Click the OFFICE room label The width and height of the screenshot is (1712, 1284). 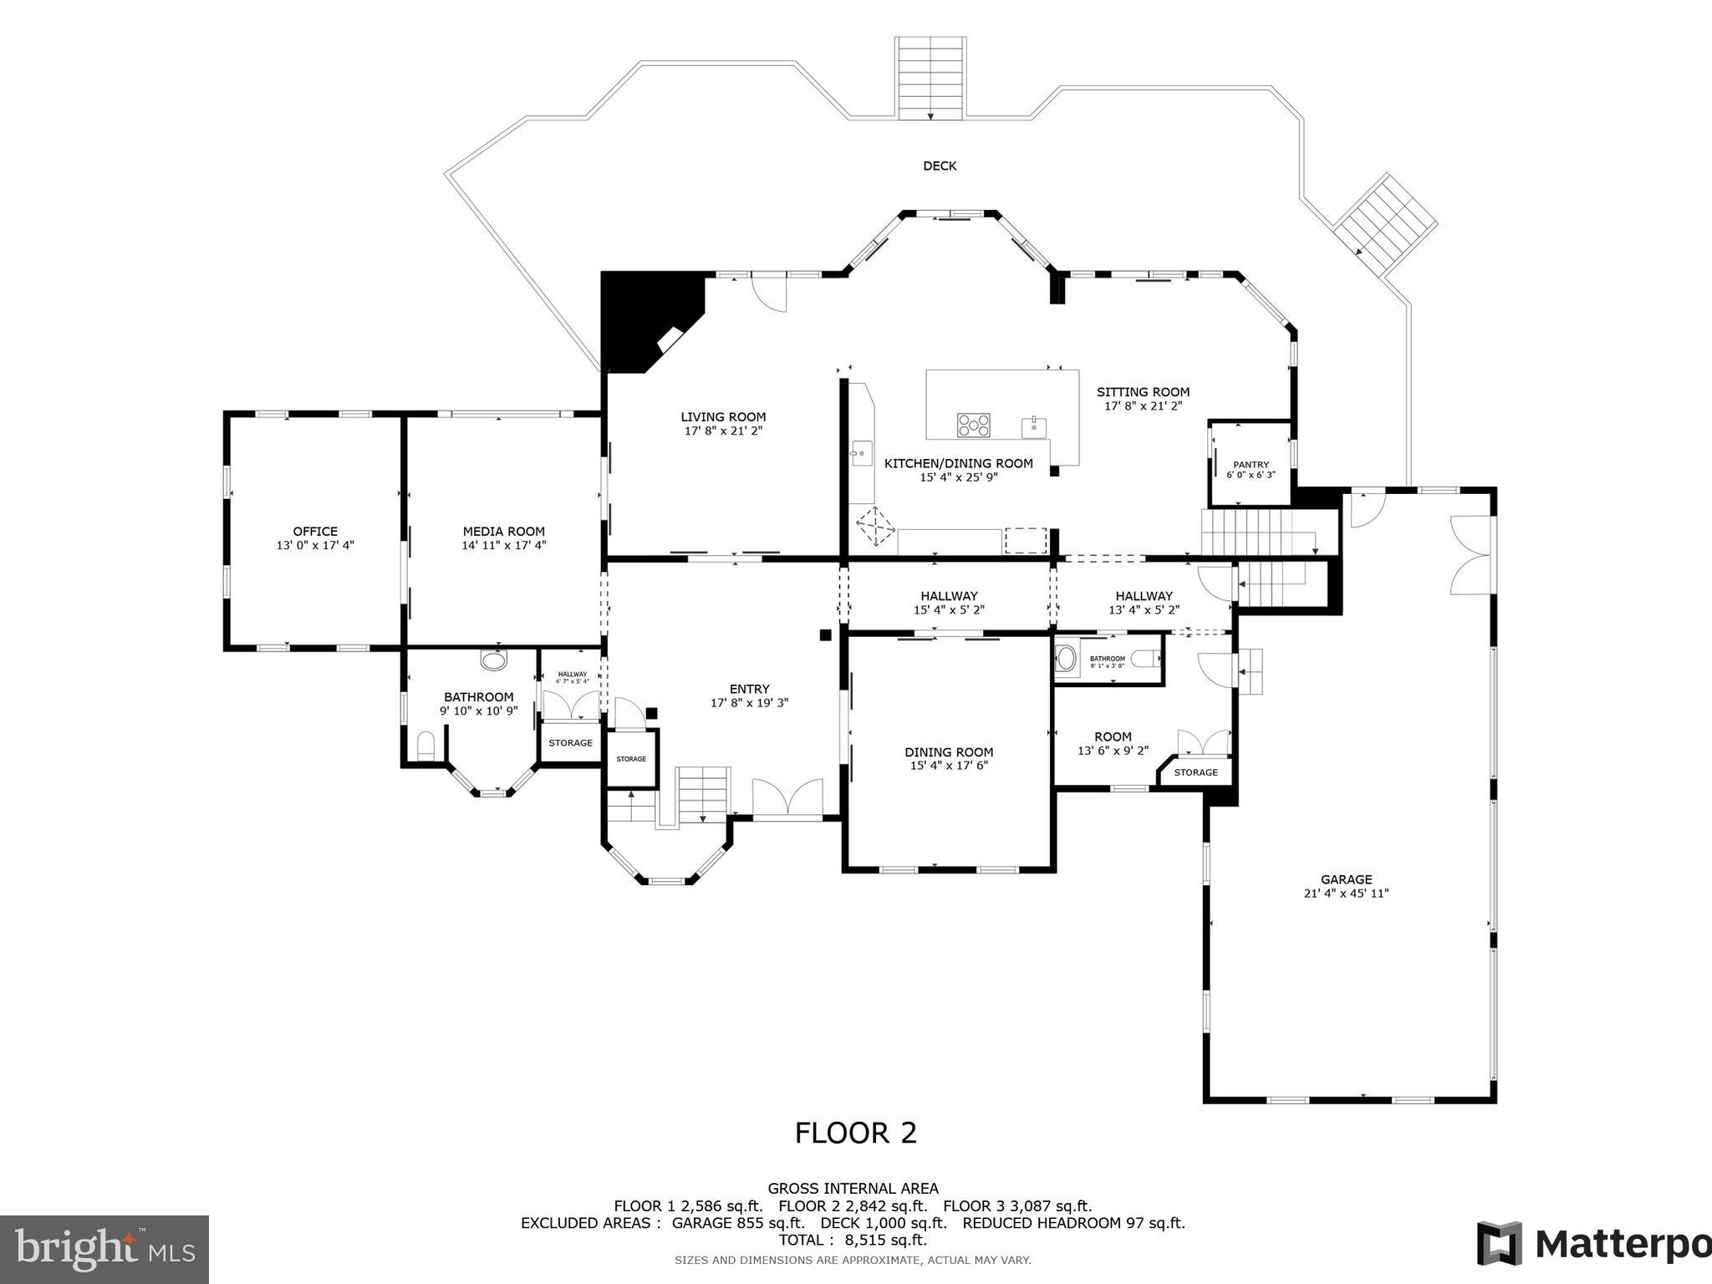pos(315,531)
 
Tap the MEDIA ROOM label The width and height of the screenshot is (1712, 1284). pos(503,531)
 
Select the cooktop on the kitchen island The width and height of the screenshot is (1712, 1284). pos(973,425)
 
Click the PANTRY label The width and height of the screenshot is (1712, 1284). pos(1251,465)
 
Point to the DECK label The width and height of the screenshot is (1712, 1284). pos(940,166)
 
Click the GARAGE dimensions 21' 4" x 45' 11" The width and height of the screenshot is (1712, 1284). pos(1346,893)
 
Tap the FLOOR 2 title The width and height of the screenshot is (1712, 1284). pos(855,1133)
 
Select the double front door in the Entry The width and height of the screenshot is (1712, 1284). pos(787,797)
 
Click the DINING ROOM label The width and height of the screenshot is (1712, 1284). pos(949,752)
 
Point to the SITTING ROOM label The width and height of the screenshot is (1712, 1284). pos(1143,391)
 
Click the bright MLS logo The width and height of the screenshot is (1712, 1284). pos(104,1249)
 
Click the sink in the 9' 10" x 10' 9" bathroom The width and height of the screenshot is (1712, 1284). pos(494,660)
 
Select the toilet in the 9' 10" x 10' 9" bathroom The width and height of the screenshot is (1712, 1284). pos(426,744)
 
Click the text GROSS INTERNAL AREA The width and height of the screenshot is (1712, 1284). pos(853,1188)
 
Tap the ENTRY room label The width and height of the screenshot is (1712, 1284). pos(749,689)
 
